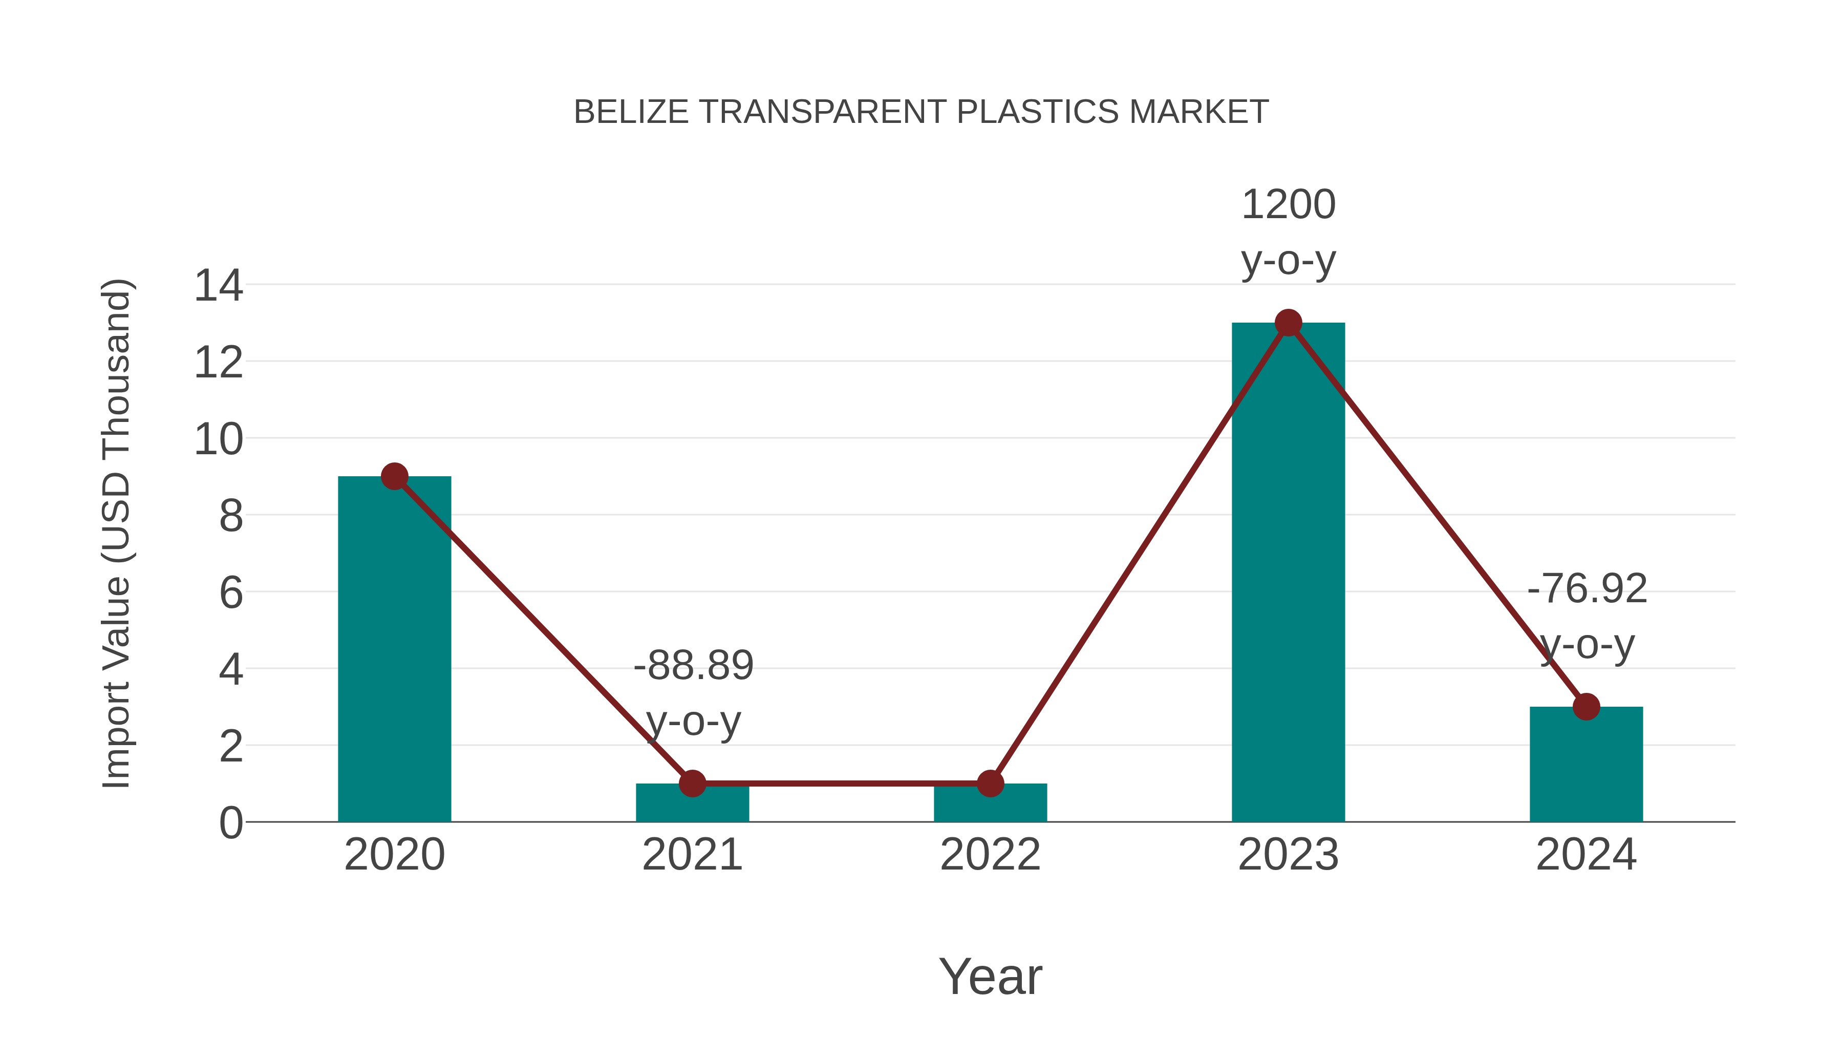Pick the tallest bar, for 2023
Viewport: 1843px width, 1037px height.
pos(1288,573)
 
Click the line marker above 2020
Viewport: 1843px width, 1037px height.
pos(394,476)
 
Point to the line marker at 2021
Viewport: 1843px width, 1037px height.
pos(692,784)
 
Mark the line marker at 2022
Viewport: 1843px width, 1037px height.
pos(990,784)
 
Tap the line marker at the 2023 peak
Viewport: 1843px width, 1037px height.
pos(1288,323)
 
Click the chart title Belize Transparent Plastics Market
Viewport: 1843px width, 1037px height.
pos(921,112)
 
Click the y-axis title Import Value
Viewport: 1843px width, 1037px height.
pos(116,533)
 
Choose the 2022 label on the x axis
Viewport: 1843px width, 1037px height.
pos(990,855)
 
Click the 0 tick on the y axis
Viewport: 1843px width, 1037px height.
pos(230,822)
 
